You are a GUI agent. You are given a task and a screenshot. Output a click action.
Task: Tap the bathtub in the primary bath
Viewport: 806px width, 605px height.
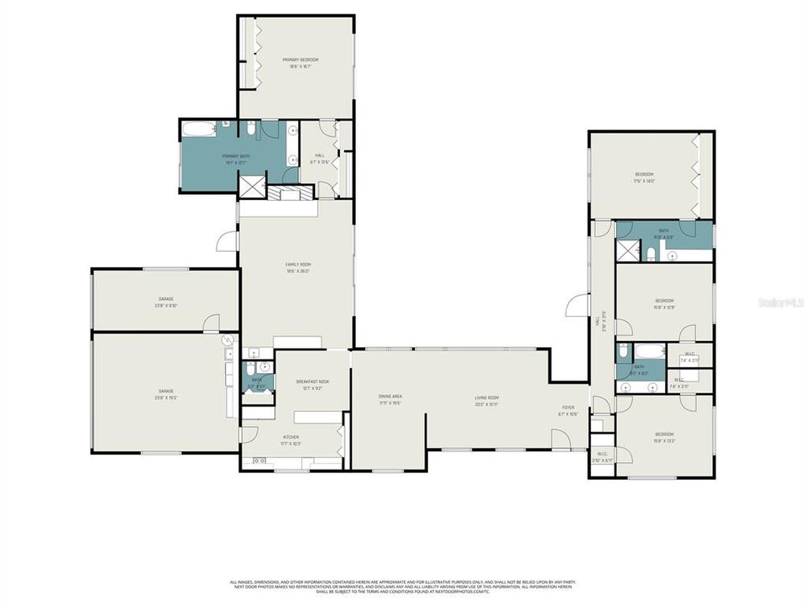(199, 130)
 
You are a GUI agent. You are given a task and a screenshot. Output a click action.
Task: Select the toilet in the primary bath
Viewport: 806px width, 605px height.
(251, 129)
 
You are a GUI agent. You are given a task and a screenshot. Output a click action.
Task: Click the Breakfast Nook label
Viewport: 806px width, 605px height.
(312, 384)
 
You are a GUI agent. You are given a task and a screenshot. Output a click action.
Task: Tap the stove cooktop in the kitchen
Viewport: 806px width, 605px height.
(259, 460)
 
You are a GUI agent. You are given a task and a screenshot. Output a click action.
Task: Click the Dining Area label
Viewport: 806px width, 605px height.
(390, 399)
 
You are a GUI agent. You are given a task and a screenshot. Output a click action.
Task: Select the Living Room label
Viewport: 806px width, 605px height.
(487, 400)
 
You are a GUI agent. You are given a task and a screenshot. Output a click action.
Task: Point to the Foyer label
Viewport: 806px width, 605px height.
(568, 411)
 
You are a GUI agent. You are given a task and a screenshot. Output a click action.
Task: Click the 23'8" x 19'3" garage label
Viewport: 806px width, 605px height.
(165, 394)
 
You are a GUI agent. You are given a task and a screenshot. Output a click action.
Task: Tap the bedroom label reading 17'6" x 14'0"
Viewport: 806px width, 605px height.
(644, 177)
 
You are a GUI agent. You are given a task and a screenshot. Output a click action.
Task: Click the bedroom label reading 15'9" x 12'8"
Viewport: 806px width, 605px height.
(664, 303)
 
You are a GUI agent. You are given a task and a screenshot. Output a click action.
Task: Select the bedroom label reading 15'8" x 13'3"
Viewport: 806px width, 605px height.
(664, 437)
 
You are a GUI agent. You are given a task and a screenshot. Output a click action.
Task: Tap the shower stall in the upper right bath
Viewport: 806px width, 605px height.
(626, 250)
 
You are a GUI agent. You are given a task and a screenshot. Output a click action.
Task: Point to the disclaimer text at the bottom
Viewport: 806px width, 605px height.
(403, 586)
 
